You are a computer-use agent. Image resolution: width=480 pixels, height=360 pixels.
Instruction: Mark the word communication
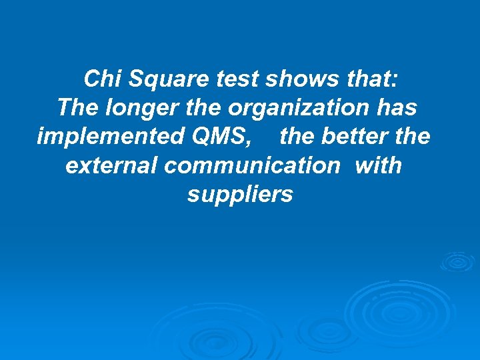[252, 165]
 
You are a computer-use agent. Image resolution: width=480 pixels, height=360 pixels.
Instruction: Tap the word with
[379, 165]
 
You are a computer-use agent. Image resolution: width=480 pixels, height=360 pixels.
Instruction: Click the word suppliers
[240, 194]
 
